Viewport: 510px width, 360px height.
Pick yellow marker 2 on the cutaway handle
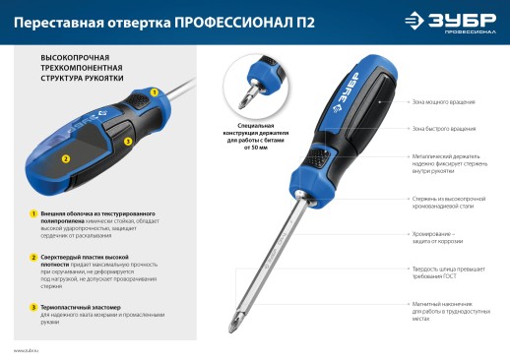[x=66, y=157]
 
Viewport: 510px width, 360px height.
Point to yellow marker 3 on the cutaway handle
[x=128, y=142]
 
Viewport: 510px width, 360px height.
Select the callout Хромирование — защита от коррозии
[x=439, y=236]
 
